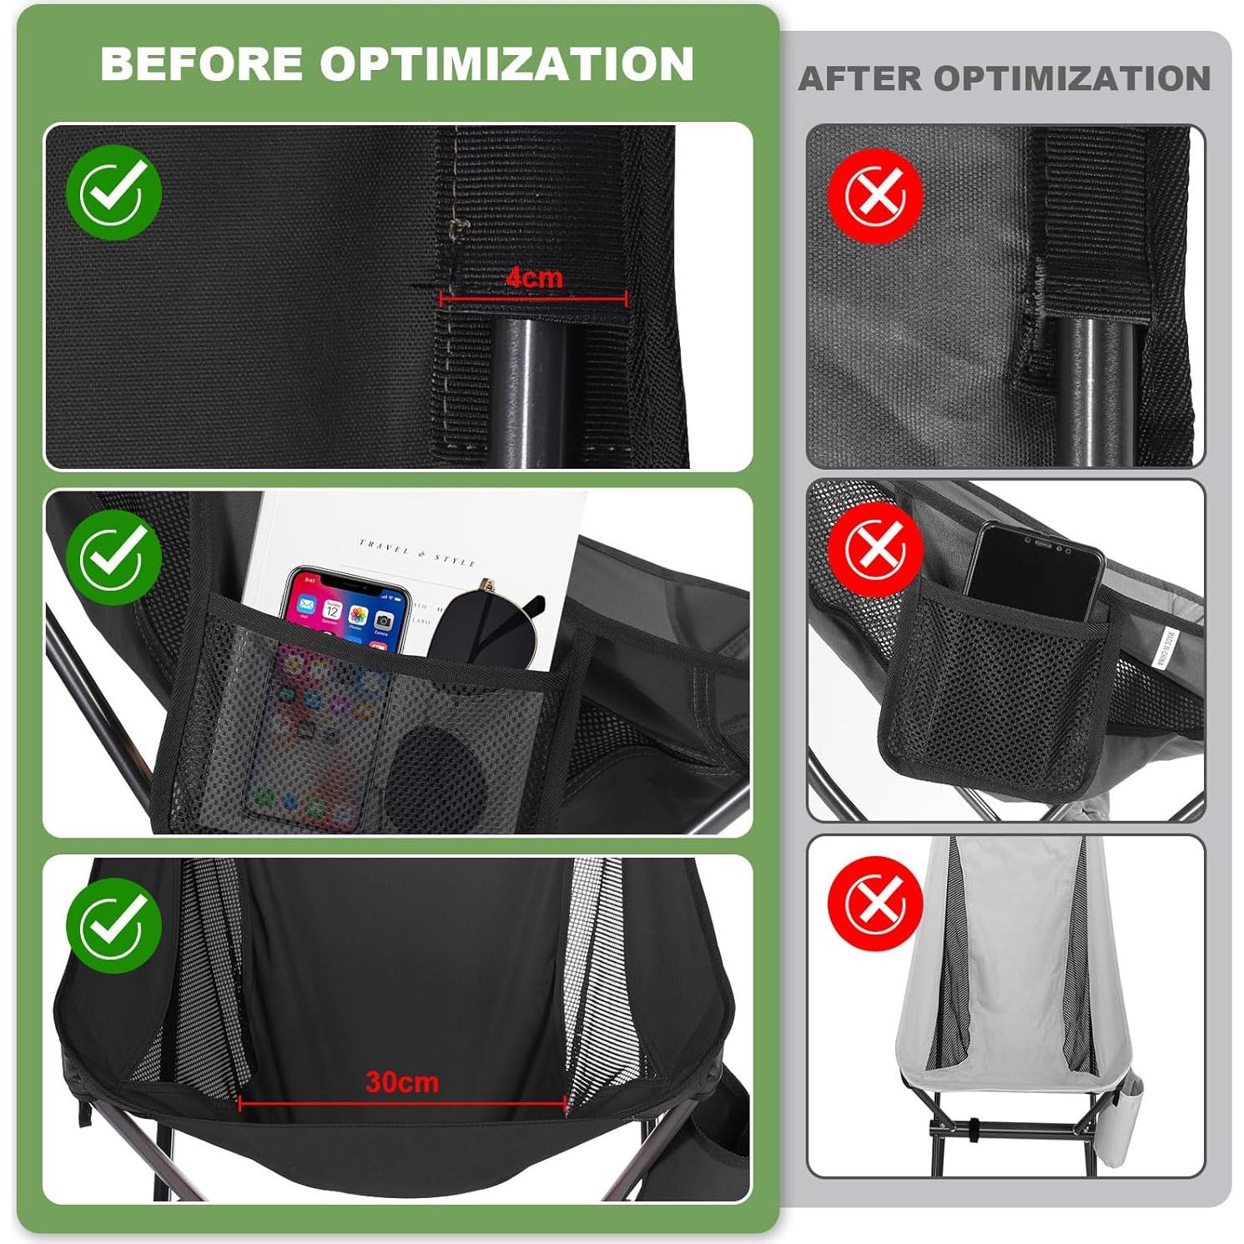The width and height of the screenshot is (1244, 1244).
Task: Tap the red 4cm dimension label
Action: [534, 278]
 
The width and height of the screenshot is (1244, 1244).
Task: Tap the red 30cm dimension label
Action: [402, 1082]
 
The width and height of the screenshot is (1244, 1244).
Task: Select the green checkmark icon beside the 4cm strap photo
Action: [114, 192]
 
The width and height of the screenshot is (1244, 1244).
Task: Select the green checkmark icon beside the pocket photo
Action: [114, 557]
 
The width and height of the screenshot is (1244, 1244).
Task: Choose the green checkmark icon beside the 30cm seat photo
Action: [114, 924]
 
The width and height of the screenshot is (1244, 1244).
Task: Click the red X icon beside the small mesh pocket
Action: [875, 549]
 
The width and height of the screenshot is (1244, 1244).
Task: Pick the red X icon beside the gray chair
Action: [875, 903]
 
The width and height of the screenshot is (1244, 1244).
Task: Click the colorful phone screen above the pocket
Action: [346, 609]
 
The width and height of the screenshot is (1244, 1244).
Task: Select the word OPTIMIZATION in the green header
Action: [506, 63]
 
